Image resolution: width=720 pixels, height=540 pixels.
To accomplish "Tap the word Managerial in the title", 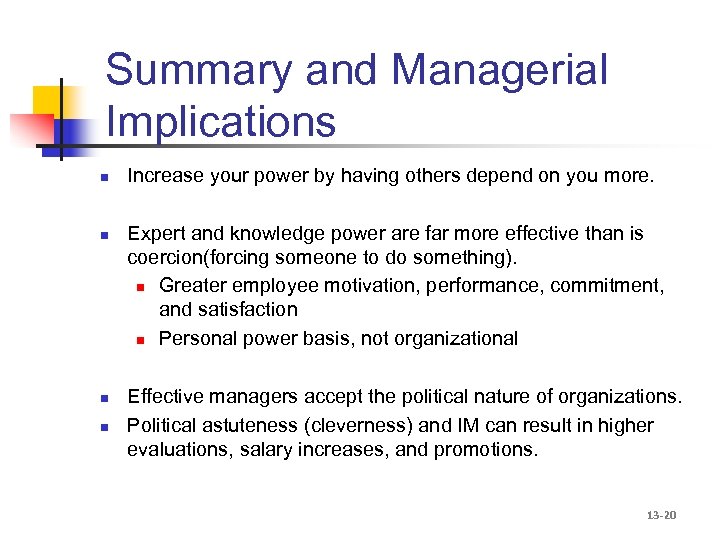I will tap(499, 70).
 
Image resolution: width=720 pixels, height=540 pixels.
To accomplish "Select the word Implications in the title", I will tap(220, 122).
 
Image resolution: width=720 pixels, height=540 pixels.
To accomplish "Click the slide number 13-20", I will tap(661, 515).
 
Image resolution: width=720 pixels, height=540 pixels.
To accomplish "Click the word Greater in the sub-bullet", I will tap(191, 286).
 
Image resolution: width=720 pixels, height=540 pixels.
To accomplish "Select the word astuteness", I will tap(249, 425).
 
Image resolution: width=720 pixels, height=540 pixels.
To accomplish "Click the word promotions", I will tap(487, 449).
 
